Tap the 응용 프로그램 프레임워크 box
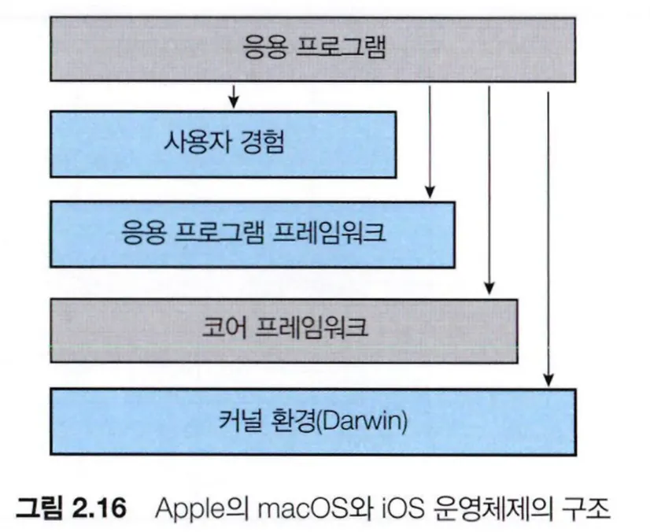coord(253,234)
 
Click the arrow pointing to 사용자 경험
coord(232,97)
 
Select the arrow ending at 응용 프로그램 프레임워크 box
coord(430,142)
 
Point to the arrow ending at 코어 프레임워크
coord(489,189)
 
